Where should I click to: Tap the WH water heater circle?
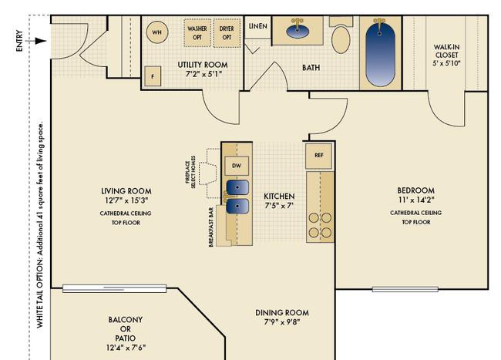(x=157, y=32)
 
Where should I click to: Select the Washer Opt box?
(x=197, y=33)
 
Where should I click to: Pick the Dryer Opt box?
(x=227, y=33)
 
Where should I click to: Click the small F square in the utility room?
(x=153, y=76)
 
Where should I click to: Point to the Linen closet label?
(x=258, y=26)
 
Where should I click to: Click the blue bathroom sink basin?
(x=298, y=31)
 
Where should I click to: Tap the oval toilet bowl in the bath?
(x=341, y=39)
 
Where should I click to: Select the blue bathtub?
(x=380, y=53)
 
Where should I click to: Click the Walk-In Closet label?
(x=446, y=55)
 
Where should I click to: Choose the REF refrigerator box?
(x=319, y=156)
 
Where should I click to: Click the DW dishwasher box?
(x=237, y=166)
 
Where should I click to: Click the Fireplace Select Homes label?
(x=190, y=172)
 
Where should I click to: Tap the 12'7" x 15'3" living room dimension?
(x=126, y=200)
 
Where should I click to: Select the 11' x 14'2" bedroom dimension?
(x=416, y=200)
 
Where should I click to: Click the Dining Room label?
(x=282, y=313)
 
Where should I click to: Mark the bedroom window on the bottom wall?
(x=405, y=289)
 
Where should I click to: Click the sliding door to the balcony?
(x=114, y=288)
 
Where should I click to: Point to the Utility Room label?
(x=203, y=65)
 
